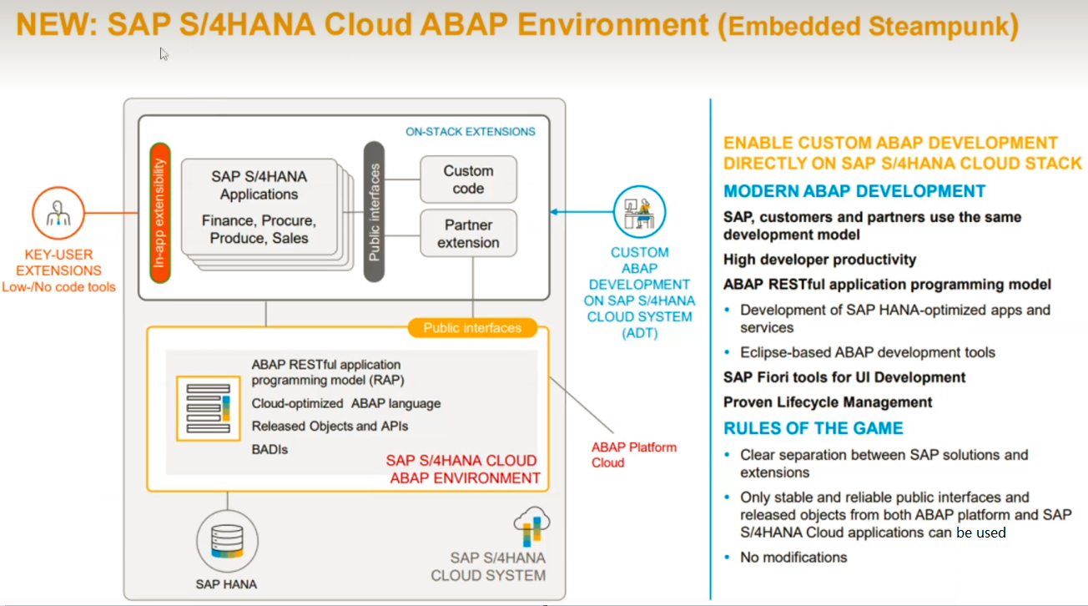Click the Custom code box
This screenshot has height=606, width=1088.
coord(468,179)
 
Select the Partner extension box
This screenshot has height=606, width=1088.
coord(468,234)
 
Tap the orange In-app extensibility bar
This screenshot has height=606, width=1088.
coord(160,214)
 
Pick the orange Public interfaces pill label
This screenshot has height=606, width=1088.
coord(471,328)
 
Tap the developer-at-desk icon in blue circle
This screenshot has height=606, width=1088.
coord(639,212)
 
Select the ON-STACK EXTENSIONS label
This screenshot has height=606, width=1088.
coord(470,131)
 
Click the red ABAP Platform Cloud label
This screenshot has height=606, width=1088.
coord(634,455)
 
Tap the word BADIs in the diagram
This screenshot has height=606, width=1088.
coord(270,449)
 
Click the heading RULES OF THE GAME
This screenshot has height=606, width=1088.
coord(813,428)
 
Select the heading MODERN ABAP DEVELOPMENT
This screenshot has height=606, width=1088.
coord(854,191)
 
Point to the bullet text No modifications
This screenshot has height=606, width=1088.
coord(793,557)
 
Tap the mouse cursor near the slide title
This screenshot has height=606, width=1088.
coord(164,53)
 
